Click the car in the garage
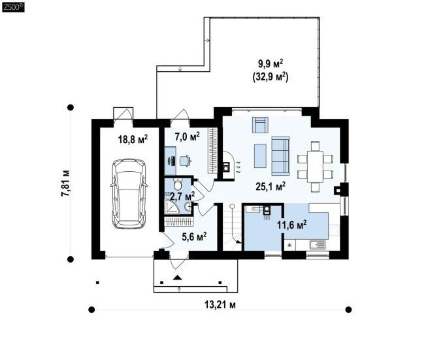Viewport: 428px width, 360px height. [129, 194]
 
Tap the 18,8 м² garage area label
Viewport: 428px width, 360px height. [133, 139]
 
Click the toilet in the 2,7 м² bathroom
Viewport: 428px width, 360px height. [178, 184]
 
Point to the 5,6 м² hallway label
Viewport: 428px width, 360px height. [194, 237]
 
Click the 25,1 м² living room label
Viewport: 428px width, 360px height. [271, 187]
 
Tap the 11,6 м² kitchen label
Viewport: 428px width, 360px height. [292, 225]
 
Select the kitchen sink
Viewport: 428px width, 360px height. [318, 244]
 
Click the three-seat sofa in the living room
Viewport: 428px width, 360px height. [280, 155]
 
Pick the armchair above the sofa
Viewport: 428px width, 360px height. [260, 125]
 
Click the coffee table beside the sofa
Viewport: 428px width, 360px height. [260, 156]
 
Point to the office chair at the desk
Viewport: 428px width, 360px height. [186, 161]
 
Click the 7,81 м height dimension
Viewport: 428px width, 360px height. [65, 183]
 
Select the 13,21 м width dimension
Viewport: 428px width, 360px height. [220, 304]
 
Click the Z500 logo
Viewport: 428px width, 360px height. [13, 7]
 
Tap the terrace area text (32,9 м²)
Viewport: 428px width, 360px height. [271, 77]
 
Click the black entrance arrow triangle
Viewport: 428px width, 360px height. [178, 278]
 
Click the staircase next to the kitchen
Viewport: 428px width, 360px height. [232, 227]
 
